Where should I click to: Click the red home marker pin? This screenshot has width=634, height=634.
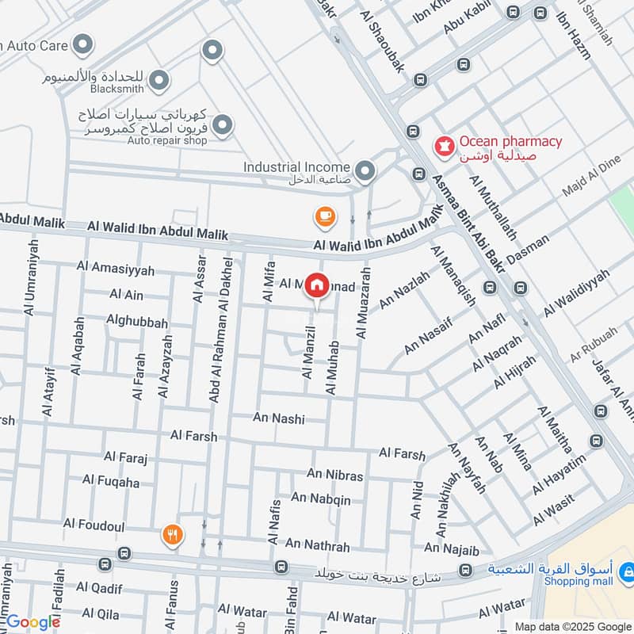[317, 285]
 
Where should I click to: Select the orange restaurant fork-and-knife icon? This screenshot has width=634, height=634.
[171, 535]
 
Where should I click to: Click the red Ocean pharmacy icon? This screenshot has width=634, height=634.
[443, 146]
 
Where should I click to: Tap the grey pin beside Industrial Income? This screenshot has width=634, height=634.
[365, 170]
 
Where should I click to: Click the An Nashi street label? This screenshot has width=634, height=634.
[279, 418]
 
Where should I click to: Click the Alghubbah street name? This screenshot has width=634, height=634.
[137, 323]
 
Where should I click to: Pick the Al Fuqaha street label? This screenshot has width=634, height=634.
[111, 482]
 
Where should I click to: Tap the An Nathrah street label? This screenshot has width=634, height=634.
[317, 546]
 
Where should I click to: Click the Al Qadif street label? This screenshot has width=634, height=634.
[99, 588]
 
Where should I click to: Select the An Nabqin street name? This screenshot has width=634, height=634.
[320, 498]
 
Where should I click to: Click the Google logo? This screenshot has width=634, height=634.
[33, 622]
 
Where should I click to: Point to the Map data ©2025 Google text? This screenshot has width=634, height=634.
[572, 626]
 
